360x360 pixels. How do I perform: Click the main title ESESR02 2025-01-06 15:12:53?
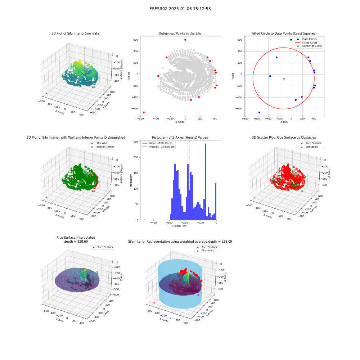point(180,9)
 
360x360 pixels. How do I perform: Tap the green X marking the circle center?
point(284,78)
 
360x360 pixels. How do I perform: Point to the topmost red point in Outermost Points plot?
point(185,40)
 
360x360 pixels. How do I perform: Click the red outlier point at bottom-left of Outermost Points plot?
point(144,112)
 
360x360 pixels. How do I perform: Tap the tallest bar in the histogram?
point(206,182)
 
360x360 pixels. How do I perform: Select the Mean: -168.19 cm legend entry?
point(158,143)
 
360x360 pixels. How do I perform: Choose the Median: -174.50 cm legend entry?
point(158,147)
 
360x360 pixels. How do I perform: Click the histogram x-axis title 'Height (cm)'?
point(180,226)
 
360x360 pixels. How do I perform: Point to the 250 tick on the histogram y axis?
point(136,141)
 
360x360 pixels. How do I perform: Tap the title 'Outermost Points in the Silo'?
point(180,33)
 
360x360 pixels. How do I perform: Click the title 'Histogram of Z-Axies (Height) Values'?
point(180,137)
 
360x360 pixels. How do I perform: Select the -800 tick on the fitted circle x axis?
point(245,119)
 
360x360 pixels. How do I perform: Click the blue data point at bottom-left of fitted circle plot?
point(259,112)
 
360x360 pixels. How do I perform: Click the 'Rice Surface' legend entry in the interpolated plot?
point(103,247)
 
